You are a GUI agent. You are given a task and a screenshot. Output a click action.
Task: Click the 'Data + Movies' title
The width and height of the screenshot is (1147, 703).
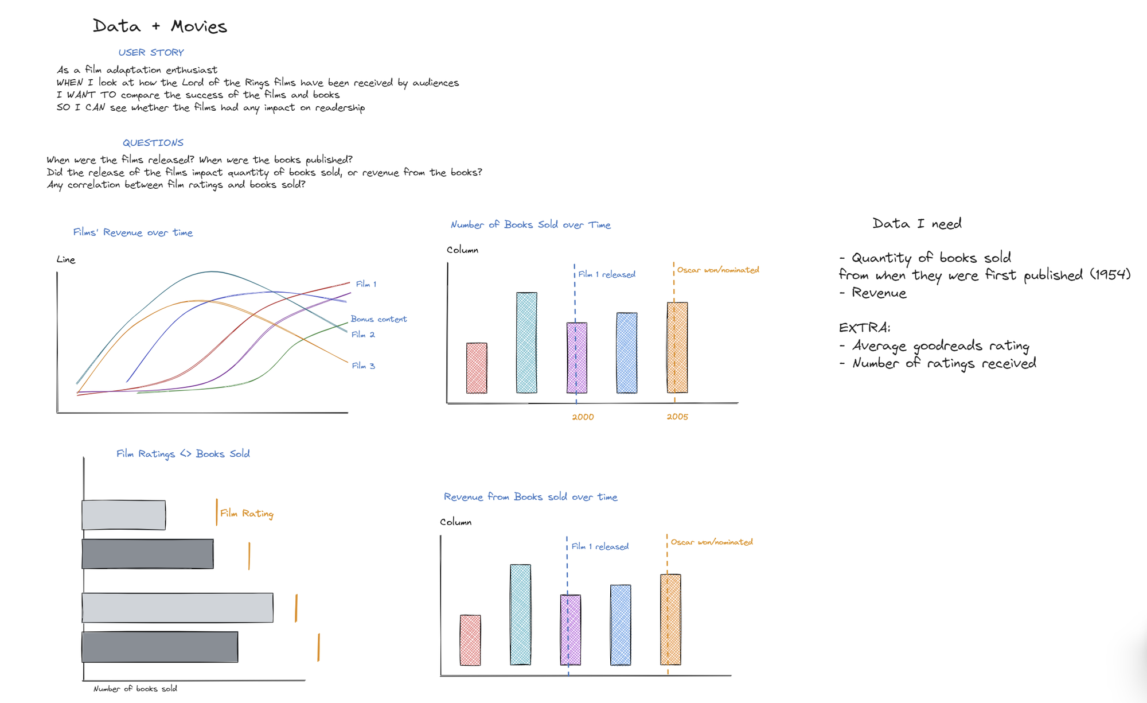click(x=160, y=26)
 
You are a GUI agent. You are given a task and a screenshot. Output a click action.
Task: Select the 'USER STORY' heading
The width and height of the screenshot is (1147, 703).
click(x=151, y=52)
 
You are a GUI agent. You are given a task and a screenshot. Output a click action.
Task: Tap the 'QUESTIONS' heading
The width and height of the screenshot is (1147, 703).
click(x=153, y=143)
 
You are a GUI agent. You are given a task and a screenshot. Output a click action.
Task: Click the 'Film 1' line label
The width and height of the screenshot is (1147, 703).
click(x=366, y=284)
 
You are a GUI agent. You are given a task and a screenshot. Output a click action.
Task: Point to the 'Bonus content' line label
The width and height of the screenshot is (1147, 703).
click(x=379, y=319)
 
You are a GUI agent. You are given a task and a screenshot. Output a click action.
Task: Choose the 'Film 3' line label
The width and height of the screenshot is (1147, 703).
click(x=363, y=366)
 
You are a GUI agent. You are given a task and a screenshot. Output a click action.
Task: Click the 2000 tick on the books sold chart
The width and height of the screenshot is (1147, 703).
click(x=583, y=417)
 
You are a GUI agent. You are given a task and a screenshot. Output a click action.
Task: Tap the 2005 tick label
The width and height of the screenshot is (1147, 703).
click(x=677, y=417)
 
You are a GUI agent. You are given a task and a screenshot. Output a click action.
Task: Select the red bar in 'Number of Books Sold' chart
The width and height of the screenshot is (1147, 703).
click(x=477, y=368)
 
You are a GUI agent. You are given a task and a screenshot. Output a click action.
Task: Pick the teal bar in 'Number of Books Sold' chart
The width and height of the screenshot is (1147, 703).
click(x=526, y=343)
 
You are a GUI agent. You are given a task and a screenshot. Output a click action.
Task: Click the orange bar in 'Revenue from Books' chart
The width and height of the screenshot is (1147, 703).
click(x=670, y=620)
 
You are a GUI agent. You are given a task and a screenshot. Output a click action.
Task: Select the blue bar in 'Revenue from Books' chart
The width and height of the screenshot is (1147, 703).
click(x=621, y=625)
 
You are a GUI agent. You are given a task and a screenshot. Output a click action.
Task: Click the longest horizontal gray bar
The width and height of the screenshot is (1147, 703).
click(x=178, y=608)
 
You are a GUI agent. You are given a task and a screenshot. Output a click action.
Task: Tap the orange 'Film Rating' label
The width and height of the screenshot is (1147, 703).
click(x=247, y=514)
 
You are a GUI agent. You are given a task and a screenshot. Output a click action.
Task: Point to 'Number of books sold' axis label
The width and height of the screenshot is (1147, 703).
click(x=135, y=689)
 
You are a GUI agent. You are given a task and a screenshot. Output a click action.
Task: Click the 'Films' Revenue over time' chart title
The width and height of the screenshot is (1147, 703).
click(x=133, y=232)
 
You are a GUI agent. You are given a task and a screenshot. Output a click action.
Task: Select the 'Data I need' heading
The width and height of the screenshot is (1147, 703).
click(x=917, y=224)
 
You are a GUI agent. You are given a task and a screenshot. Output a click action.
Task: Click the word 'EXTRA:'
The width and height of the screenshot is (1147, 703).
click(x=864, y=328)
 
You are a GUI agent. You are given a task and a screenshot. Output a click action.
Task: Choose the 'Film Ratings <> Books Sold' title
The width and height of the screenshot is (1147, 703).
click(x=183, y=454)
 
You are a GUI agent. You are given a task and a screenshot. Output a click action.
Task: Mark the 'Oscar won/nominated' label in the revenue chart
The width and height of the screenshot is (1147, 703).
click(x=712, y=542)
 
